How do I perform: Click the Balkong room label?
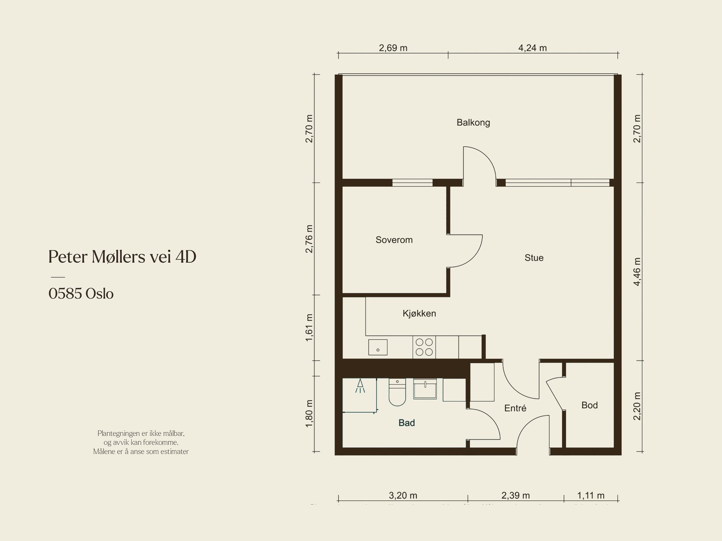tap(473, 122)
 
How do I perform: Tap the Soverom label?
tap(394, 240)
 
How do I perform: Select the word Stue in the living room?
tap(534, 258)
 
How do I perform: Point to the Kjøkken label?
tap(419, 313)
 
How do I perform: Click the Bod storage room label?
tap(589, 405)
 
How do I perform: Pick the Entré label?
tap(515, 408)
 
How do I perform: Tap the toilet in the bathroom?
tap(397, 392)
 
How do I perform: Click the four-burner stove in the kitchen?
tap(424, 347)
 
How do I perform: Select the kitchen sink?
tap(378, 348)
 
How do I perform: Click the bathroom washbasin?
tap(425, 389)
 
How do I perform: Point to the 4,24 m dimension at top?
tap(532, 48)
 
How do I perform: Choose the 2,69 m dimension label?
tap(393, 48)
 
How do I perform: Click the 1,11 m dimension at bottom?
tap(591, 495)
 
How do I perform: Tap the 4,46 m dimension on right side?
tap(637, 272)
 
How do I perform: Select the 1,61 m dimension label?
tap(309, 327)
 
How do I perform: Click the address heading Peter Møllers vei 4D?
tap(122, 257)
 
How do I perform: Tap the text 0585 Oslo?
tap(81, 294)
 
